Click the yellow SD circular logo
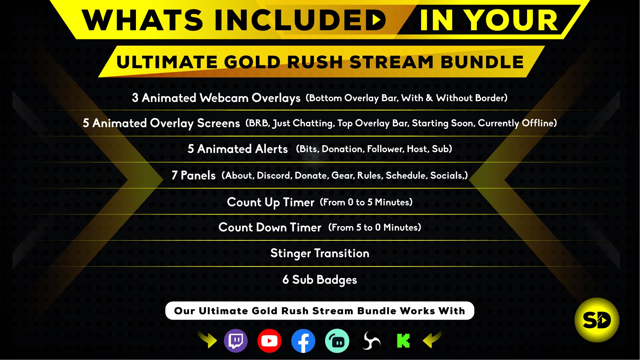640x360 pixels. (x=597, y=320)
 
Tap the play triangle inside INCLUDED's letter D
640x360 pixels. (x=376, y=20)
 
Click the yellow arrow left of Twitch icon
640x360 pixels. (x=208, y=340)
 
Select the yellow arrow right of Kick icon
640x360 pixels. (x=432, y=340)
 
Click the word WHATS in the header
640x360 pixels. (x=142, y=20)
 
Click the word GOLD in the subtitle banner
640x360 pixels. (x=252, y=62)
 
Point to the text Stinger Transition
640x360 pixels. (x=320, y=253)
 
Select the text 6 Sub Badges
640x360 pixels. (x=320, y=280)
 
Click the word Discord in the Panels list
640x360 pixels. (x=275, y=176)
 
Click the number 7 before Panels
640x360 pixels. (x=175, y=175)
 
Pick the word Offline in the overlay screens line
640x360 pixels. (x=539, y=123)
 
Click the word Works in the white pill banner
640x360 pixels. (x=417, y=311)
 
